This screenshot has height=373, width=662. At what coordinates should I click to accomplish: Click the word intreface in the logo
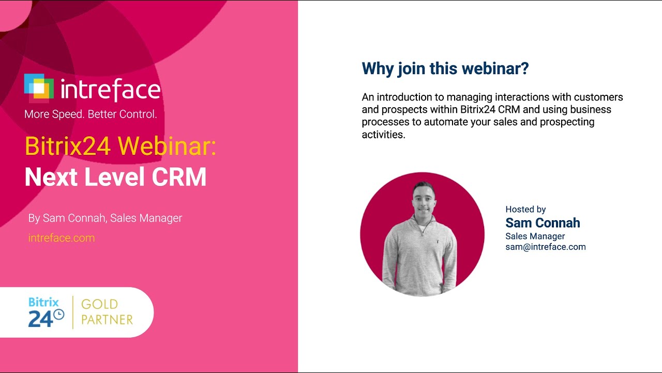[x=110, y=90]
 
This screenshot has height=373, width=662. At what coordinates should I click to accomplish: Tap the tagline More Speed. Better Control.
[x=91, y=114]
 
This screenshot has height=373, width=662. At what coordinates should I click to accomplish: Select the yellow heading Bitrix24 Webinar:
[x=120, y=146]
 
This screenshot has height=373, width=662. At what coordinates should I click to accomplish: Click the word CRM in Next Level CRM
[x=179, y=177]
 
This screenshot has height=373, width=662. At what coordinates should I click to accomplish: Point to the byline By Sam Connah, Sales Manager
[x=105, y=218]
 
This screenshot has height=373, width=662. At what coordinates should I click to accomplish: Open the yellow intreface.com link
[x=62, y=238]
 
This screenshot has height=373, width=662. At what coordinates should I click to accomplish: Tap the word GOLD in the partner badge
[x=99, y=304]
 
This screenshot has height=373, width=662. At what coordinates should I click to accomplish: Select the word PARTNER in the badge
[x=107, y=320]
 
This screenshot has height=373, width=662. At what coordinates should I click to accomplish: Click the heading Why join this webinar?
[x=445, y=68]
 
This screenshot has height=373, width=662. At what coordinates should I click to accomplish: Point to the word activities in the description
[x=383, y=135]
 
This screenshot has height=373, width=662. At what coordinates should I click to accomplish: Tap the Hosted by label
[x=525, y=209]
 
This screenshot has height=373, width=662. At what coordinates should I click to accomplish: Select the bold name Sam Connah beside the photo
[x=543, y=223]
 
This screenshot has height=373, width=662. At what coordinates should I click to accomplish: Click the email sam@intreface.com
[x=546, y=247]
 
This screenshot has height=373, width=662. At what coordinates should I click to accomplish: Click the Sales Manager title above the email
[x=535, y=236]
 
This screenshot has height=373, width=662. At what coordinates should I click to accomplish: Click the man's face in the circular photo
[x=423, y=199]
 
